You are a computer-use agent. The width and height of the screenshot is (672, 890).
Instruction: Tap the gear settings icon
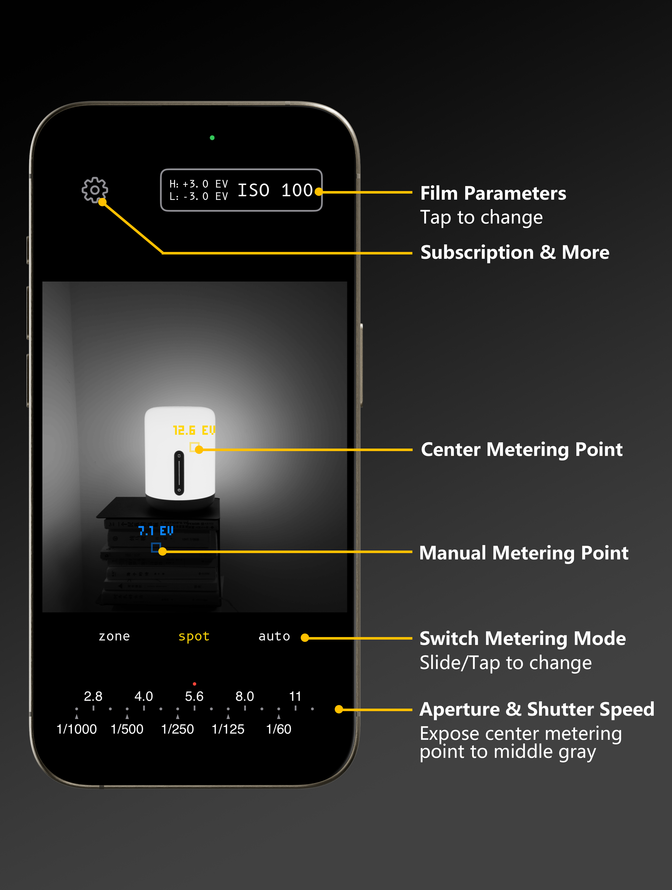[95, 190]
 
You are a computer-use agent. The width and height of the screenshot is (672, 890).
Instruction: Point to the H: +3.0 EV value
[199, 184]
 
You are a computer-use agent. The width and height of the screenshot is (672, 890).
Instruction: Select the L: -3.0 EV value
[199, 196]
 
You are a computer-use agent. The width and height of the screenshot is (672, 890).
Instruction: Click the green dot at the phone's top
[212, 138]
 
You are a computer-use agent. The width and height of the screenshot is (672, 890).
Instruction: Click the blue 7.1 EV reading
[156, 531]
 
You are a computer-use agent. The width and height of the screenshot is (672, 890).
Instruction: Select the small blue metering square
[156, 547]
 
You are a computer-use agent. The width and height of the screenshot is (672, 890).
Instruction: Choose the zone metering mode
[114, 636]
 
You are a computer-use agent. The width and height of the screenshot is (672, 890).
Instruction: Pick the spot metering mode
[194, 636]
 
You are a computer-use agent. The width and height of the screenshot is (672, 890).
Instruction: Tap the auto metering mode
[274, 636]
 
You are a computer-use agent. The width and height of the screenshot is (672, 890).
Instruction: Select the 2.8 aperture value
[93, 696]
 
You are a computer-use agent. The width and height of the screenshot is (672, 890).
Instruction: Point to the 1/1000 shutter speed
[76, 729]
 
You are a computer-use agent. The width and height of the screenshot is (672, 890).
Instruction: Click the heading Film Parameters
[493, 194]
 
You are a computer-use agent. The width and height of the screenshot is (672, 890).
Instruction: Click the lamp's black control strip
[179, 473]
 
